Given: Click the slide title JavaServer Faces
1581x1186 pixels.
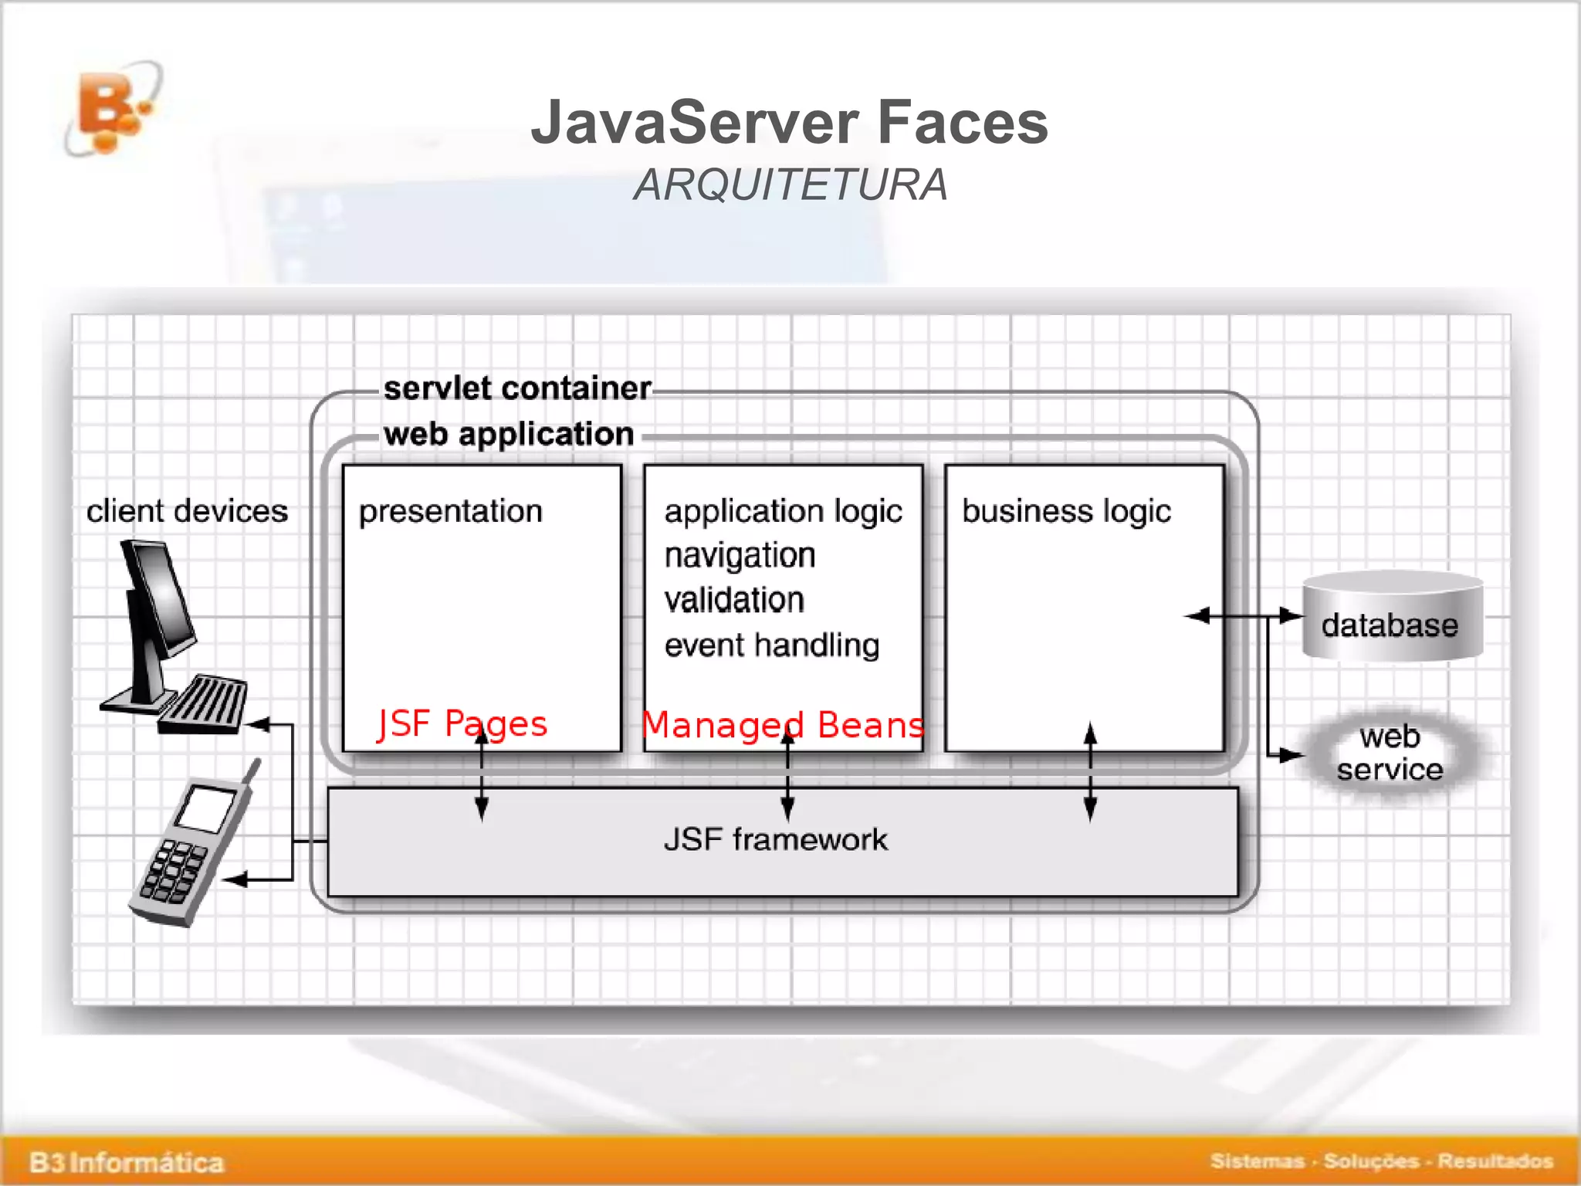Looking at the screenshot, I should click(789, 122).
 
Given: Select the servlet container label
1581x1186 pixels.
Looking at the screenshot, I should click(517, 388).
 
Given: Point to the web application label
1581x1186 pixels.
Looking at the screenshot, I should click(509, 434).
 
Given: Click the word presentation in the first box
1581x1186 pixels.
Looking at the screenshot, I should click(451, 511).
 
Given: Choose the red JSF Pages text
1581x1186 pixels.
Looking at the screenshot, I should click(462, 724).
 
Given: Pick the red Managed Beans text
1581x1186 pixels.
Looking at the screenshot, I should click(783, 726).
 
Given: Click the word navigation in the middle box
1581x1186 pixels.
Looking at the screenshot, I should click(740, 555).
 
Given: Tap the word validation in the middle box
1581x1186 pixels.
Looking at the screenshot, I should click(734, 600).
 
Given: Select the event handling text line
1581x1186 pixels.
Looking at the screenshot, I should click(772, 645).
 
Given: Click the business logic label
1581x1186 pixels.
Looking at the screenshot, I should click(1066, 511).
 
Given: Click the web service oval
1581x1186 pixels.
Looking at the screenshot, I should click(1390, 754).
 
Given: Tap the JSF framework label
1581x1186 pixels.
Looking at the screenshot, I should click(776, 839).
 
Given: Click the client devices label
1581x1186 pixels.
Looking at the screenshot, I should click(187, 511).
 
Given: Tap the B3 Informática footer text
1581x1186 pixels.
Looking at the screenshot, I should click(127, 1162).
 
